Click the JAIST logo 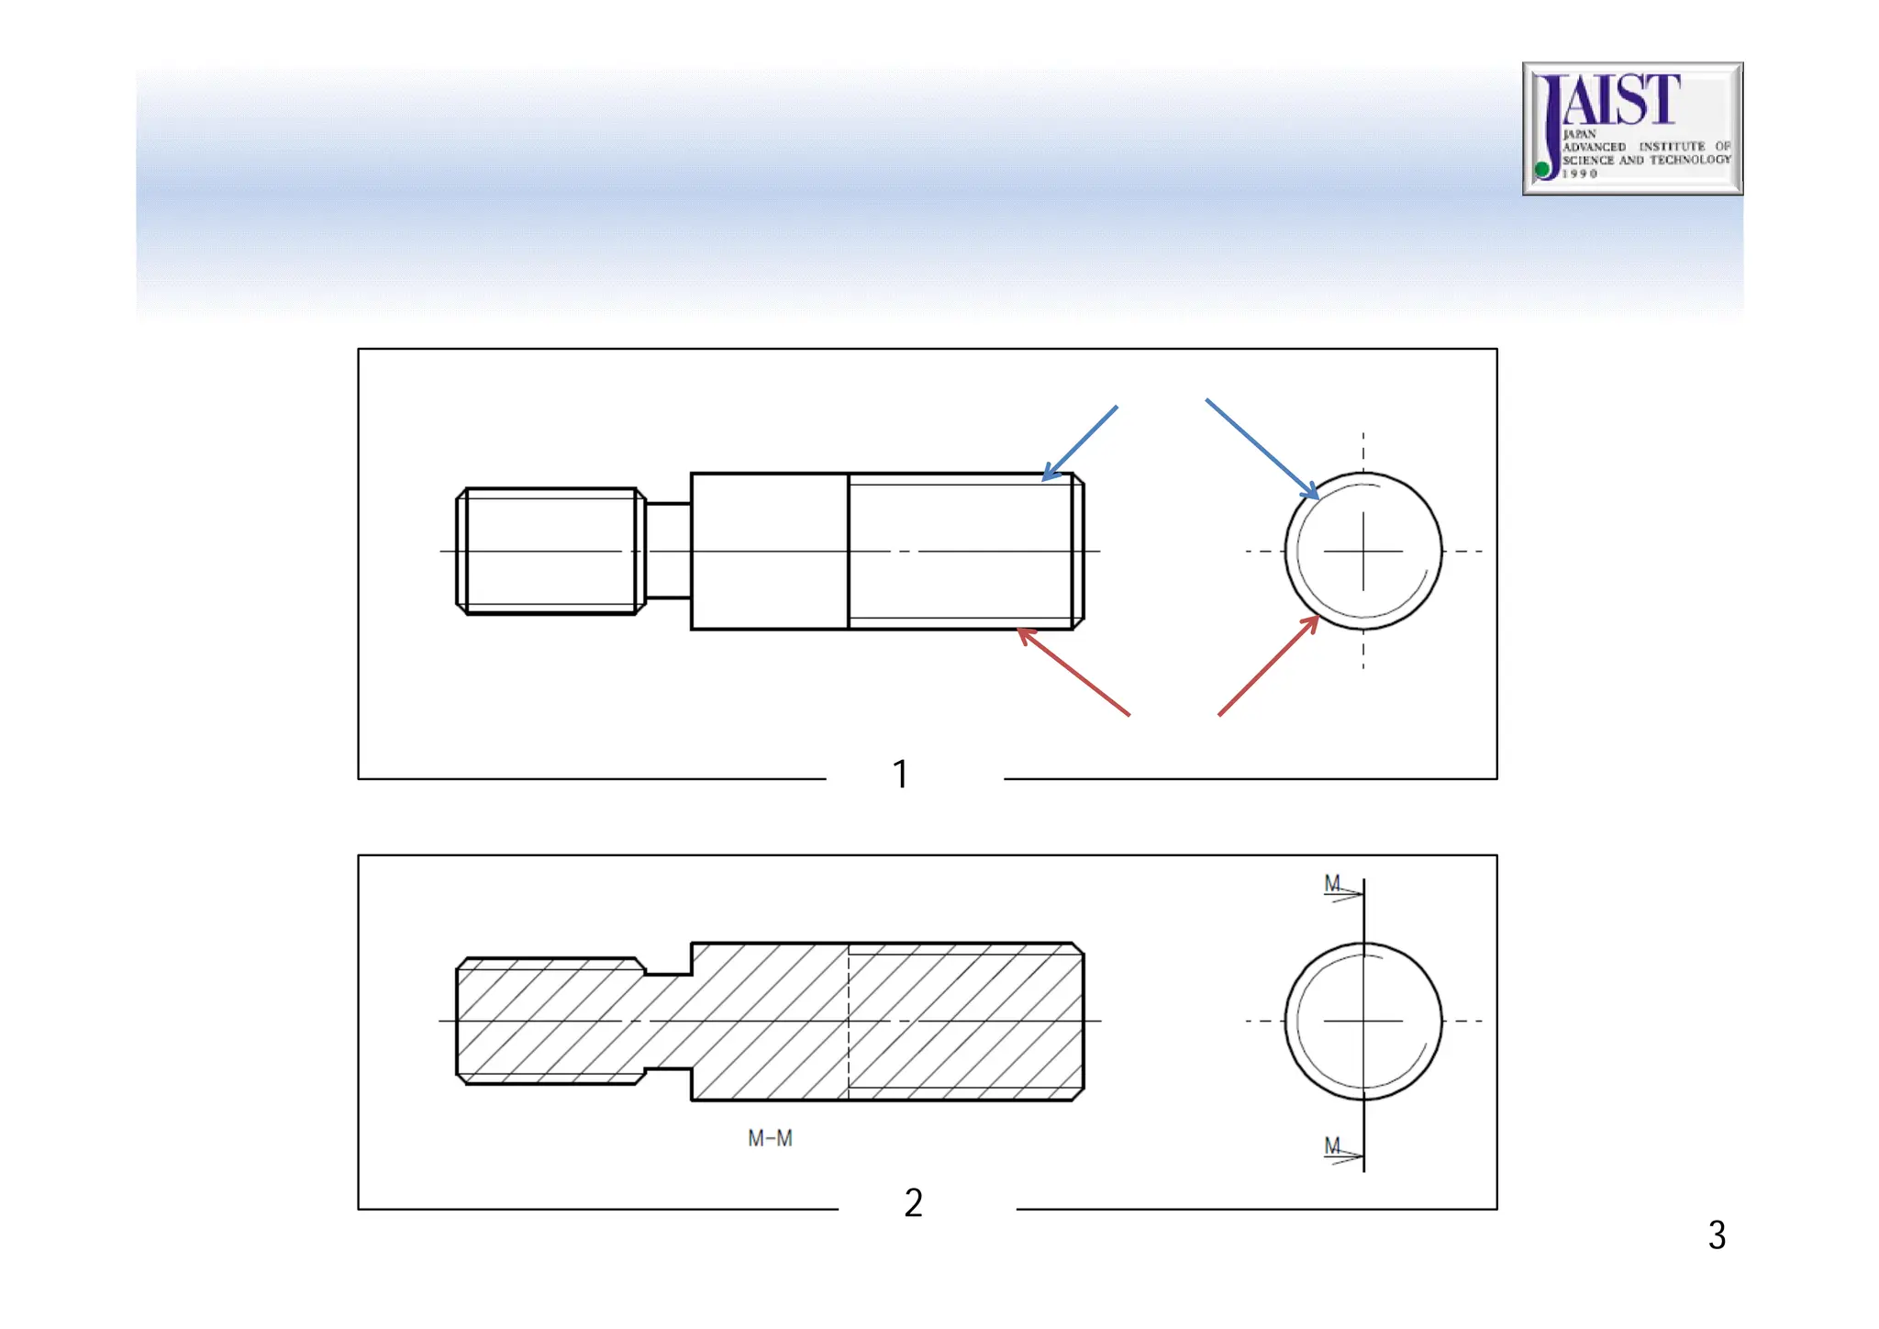[1632, 128]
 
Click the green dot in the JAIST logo [1543, 169]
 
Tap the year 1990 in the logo [1580, 173]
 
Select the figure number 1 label [900, 774]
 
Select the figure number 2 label [913, 1202]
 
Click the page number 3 [1717, 1235]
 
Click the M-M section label [770, 1139]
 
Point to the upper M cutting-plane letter [1332, 883]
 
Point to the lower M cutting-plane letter [1332, 1145]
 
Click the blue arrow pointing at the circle [1262, 450]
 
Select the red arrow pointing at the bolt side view [1073, 672]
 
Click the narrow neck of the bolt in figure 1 [668, 551]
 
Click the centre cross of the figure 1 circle [1363, 552]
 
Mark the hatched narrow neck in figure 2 [668, 1022]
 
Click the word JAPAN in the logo [1579, 134]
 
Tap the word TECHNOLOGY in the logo [1690, 160]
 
